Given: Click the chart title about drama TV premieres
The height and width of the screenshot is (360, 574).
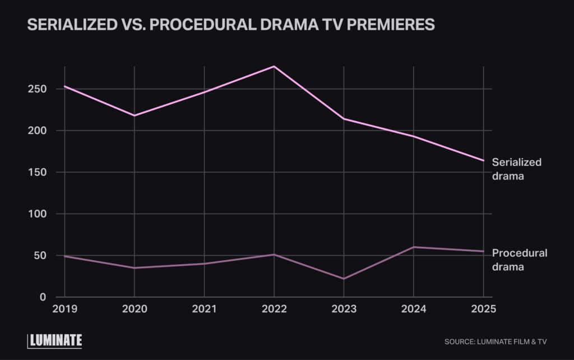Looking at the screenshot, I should pos(231,25).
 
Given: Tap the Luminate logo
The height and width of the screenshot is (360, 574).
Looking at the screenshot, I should pos(55,340).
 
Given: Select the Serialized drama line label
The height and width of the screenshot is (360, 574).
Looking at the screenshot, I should pos(516,169).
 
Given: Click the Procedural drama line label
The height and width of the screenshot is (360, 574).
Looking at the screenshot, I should pos(519,260).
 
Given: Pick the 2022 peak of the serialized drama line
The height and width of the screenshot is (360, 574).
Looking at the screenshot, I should pos(274,66).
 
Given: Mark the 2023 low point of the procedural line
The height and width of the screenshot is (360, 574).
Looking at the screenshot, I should pos(344,279).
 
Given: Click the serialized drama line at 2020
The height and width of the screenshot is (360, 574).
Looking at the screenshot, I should pos(134,116).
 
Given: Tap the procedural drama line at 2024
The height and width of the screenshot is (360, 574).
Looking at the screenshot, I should pos(413,247).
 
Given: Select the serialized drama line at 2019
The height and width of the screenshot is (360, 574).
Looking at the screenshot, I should pos(64,86).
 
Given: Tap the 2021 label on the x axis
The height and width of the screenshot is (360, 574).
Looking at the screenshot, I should pos(204,309).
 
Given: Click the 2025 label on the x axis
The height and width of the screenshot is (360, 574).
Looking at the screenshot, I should pos(483,309).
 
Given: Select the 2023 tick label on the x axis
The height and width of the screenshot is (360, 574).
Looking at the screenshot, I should pos(344,309).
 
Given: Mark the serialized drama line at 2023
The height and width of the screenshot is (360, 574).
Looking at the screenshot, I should pos(344,119).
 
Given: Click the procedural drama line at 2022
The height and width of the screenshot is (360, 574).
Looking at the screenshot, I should pos(274,255).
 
